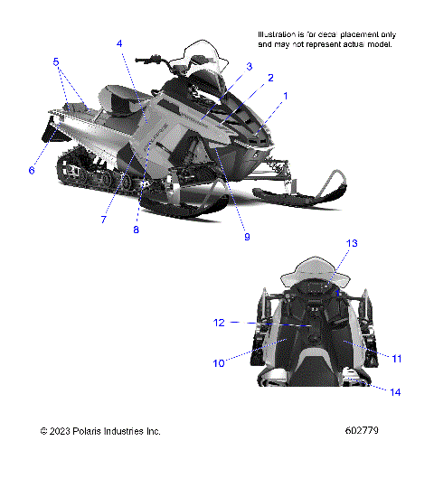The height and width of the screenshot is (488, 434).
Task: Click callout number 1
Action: pos(287,95)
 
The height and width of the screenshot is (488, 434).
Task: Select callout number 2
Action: pos(270,79)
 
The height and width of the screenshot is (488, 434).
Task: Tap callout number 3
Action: pos(249,65)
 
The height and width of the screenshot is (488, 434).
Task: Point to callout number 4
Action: pos(119,43)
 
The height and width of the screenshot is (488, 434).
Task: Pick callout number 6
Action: pos(31,170)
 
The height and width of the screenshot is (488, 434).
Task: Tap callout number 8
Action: pos(137,230)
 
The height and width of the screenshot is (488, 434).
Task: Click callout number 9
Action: pos(246,238)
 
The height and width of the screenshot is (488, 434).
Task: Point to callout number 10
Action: pos(218,363)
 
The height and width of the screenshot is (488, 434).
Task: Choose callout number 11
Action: pos(396,359)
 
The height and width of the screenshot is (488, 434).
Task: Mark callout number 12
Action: pos(219,322)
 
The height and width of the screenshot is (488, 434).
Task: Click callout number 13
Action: pos(353,243)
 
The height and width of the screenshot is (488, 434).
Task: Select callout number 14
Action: pos(395,391)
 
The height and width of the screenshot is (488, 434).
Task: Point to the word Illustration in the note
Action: pos(278,33)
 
